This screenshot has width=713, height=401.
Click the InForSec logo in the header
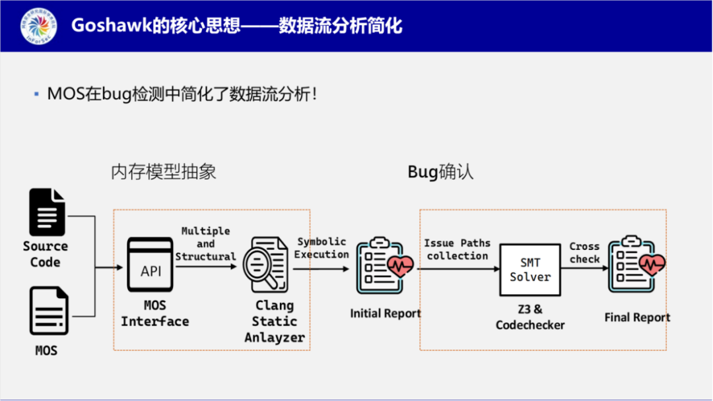[38, 26]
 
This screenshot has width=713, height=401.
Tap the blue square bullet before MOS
[37, 95]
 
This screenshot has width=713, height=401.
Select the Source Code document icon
[48, 212]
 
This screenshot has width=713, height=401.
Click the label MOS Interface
[154, 314]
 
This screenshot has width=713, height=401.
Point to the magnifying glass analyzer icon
[266, 265]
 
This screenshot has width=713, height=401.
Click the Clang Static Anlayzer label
[275, 321]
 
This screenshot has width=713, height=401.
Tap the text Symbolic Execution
[322, 248]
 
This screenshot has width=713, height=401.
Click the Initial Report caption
[386, 313]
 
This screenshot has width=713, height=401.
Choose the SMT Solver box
[529, 270]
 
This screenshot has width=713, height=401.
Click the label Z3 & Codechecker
[529, 317]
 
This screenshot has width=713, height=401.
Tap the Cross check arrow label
[585, 253]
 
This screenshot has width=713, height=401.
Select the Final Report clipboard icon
[636, 265]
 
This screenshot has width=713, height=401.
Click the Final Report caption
[637, 318]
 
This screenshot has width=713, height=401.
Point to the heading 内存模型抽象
[164, 173]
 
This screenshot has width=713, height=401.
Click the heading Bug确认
[440, 173]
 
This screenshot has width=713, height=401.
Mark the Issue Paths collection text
[457, 249]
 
